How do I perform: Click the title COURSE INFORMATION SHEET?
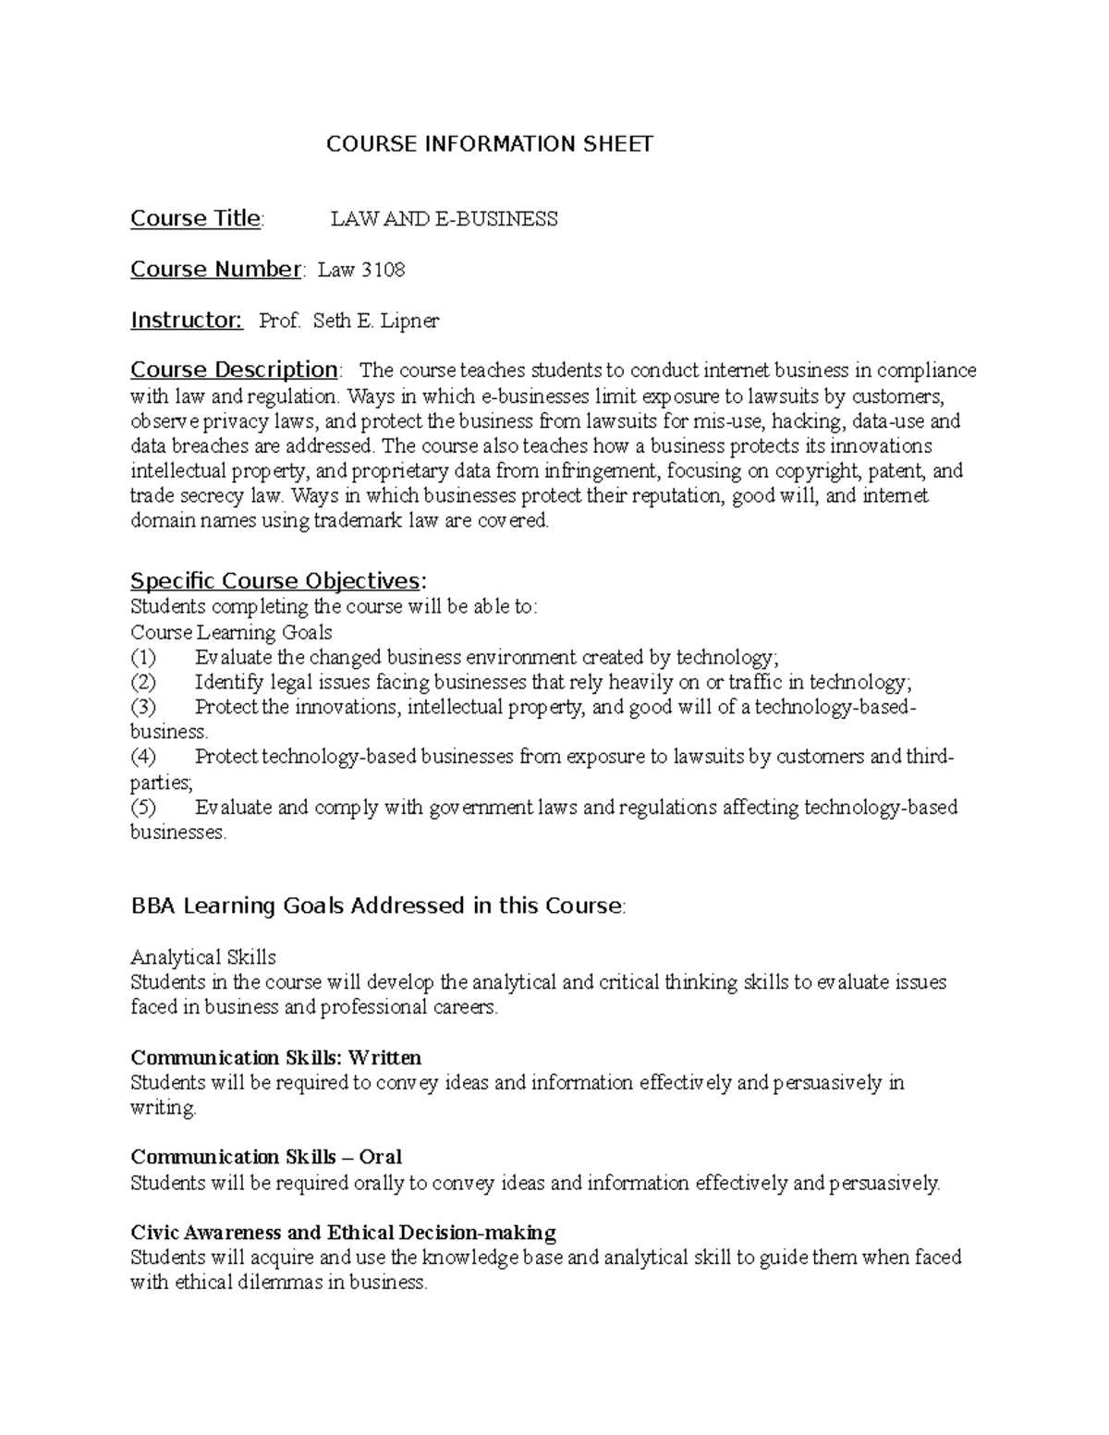(x=490, y=144)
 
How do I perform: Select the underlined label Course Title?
(x=196, y=219)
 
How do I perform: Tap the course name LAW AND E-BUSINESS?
(x=445, y=220)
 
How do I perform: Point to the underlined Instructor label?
(x=186, y=321)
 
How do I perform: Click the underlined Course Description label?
(x=234, y=371)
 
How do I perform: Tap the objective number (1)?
(x=144, y=658)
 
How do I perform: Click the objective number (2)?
(x=144, y=683)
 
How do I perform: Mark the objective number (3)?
(x=144, y=708)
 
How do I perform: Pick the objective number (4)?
(x=144, y=758)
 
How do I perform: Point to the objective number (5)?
(x=144, y=808)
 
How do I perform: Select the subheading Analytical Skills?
(x=203, y=957)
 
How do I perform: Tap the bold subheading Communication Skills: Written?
(x=276, y=1057)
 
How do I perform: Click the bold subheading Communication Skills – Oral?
(x=266, y=1157)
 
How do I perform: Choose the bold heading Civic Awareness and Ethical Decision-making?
(x=344, y=1233)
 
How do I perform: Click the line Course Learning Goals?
(x=231, y=633)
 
